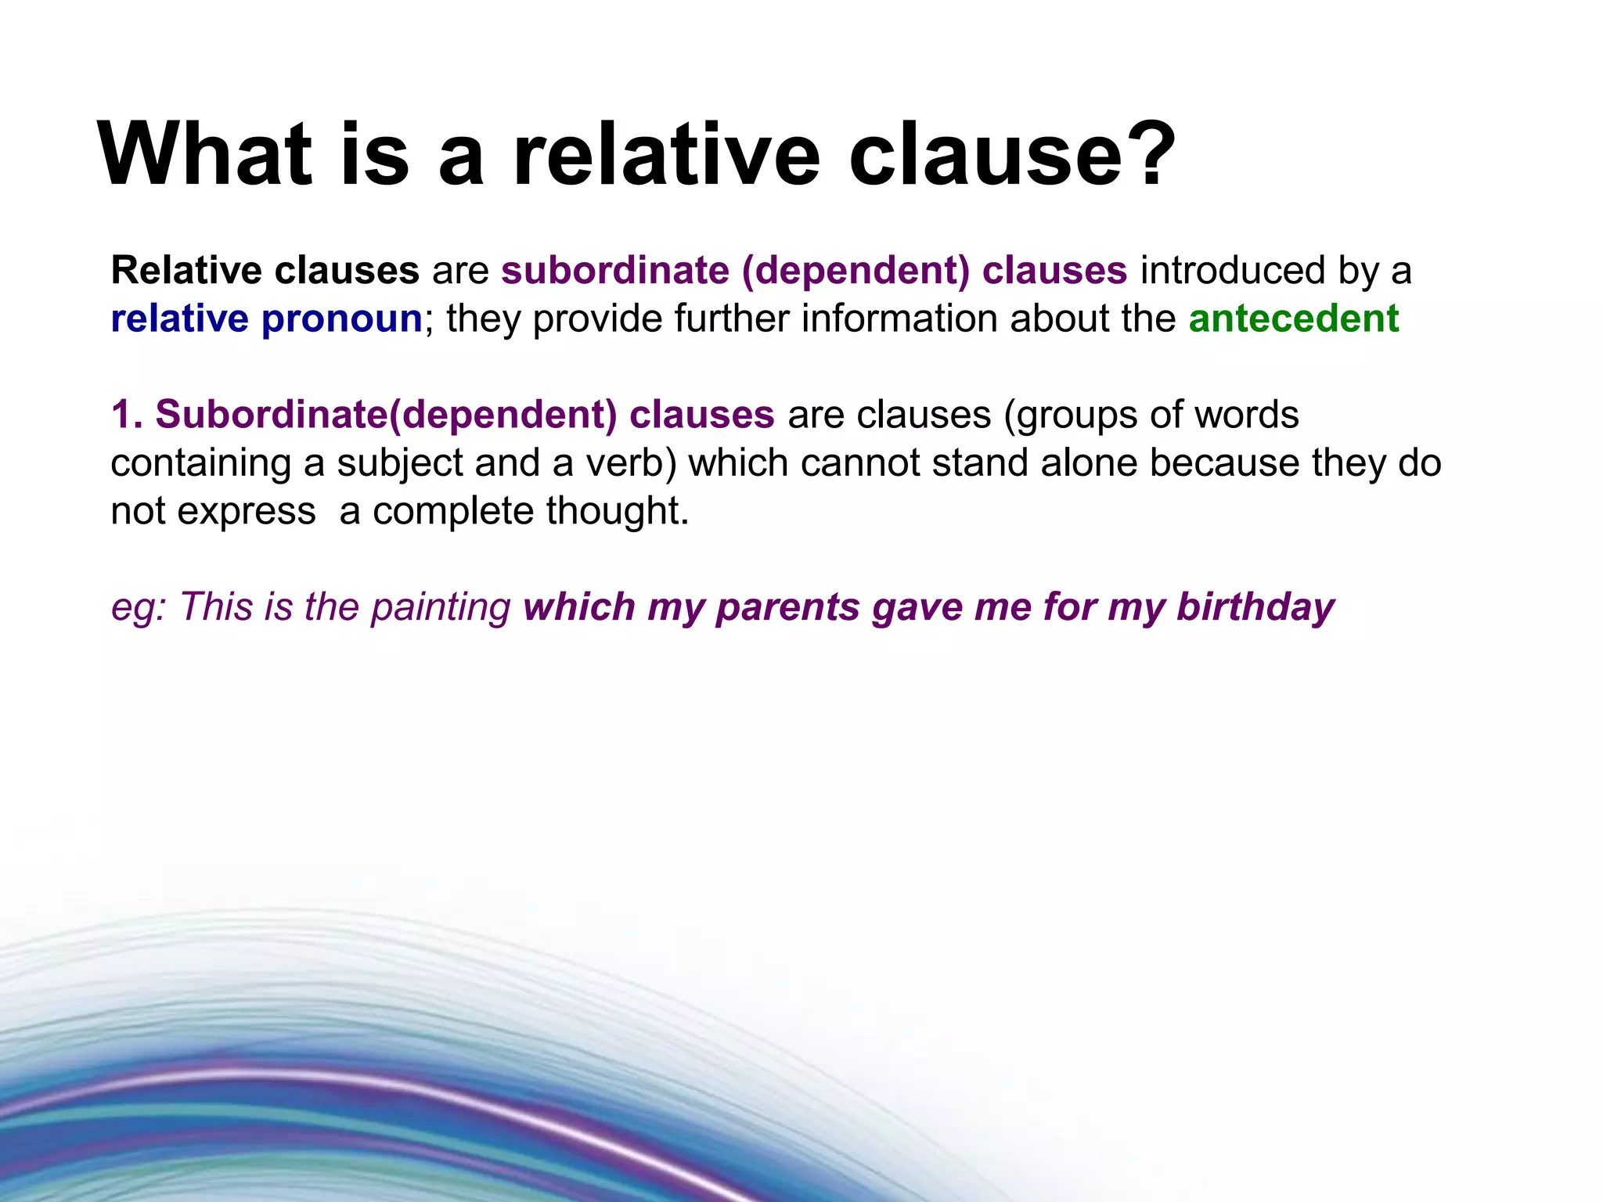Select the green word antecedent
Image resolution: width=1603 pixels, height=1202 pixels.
1293,318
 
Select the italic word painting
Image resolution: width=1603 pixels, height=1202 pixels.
441,608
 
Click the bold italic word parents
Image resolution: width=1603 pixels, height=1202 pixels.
787,608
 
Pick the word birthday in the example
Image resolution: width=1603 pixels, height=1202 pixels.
1255,608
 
